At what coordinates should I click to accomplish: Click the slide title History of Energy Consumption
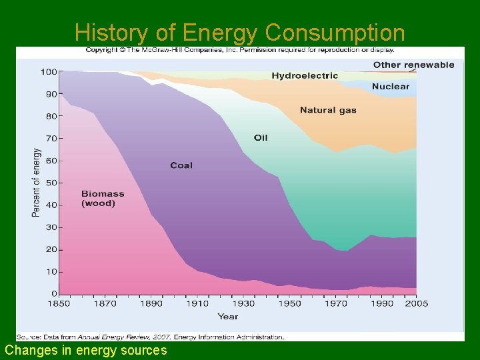point(239,32)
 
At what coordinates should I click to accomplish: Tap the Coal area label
point(181,165)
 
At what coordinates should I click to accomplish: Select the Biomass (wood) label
point(103,199)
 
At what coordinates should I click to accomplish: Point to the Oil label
point(261,137)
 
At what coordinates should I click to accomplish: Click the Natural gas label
point(328,110)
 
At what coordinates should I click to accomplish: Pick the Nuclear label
point(391,87)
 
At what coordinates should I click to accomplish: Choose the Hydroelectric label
point(305,76)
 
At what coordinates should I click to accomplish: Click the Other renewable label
point(413,65)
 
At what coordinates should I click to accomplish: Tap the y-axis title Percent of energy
point(36,183)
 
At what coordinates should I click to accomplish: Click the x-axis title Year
point(227,317)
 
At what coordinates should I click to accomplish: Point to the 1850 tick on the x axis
point(59,304)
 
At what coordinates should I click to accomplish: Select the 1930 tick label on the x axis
point(244,304)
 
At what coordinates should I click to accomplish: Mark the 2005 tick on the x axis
point(416,304)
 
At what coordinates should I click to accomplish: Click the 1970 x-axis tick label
point(337,304)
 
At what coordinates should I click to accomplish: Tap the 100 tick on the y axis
point(48,71)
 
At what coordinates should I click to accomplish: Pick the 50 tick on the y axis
point(50,183)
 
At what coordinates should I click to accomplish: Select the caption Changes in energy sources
point(86,350)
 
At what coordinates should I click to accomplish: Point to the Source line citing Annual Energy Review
point(151,337)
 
